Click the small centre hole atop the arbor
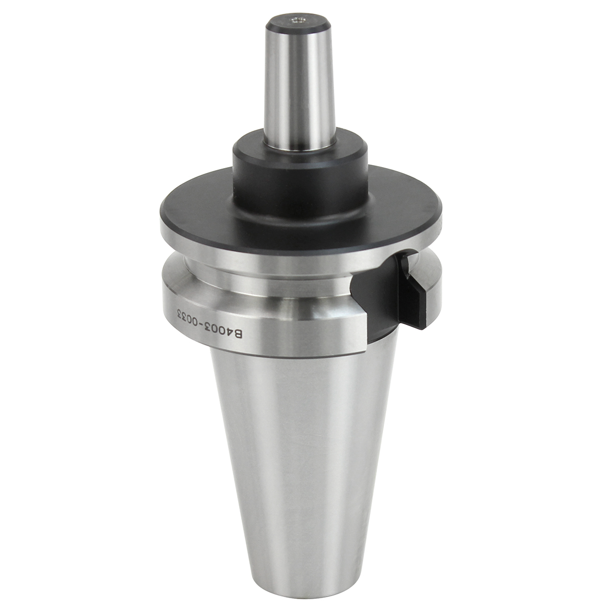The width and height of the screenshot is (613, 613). pyautogui.click(x=298, y=20)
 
